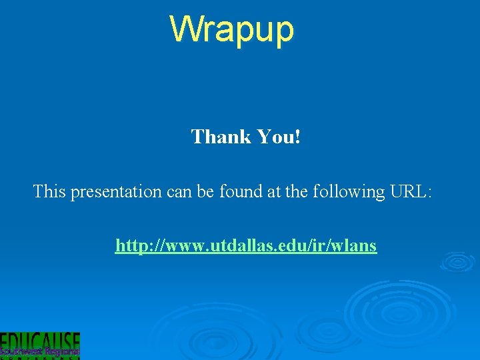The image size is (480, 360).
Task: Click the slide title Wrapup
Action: (231, 29)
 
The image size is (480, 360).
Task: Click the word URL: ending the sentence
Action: (410, 192)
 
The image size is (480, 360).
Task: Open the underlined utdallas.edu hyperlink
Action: (246, 246)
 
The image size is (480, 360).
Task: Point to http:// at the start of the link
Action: (135, 246)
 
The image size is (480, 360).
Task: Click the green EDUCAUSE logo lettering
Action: (40, 340)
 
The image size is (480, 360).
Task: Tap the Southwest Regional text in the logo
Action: (40, 351)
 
